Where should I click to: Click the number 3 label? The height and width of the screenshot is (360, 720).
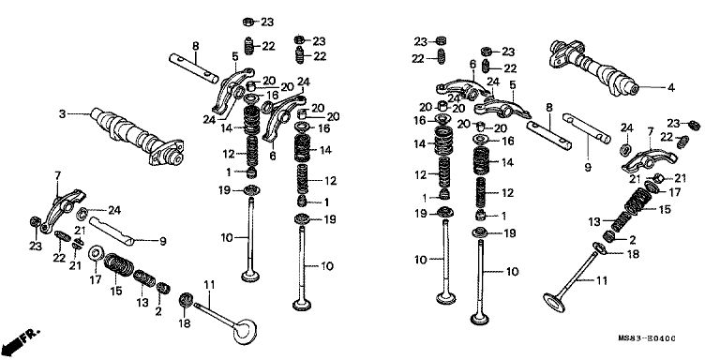click(63, 113)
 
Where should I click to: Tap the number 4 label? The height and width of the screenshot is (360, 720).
click(671, 88)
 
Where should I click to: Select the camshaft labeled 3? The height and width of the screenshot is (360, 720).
click(137, 136)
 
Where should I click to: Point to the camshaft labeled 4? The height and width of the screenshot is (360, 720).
click(592, 67)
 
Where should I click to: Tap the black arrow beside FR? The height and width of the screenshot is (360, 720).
click(15, 342)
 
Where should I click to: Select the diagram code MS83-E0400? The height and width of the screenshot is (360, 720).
click(647, 338)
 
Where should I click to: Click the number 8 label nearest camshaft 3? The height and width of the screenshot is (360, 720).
click(196, 46)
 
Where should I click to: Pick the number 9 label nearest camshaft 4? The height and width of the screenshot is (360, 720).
click(588, 167)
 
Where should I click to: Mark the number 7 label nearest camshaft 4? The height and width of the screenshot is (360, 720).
click(651, 132)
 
